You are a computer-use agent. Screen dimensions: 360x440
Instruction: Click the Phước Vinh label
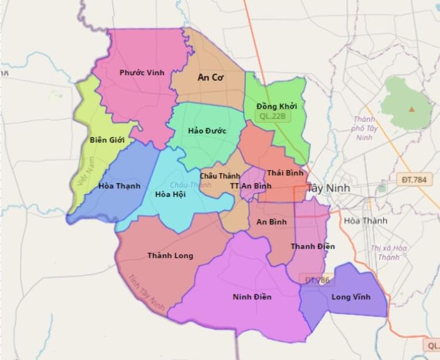(142, 73)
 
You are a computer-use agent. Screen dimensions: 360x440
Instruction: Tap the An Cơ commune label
(212, 77)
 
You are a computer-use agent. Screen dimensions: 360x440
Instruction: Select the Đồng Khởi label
(277, 106)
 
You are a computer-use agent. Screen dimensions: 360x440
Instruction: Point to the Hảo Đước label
(207, 130)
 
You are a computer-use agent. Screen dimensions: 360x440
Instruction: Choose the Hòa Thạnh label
(120, 186)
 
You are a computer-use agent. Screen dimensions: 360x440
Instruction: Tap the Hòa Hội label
(171, 194)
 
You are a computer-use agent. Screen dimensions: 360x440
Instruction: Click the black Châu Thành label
(220, 176)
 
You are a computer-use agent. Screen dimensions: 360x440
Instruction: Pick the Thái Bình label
(286, 173)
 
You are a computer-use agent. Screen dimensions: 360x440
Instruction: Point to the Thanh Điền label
(313, 246)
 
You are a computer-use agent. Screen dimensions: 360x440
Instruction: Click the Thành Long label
(170, 256)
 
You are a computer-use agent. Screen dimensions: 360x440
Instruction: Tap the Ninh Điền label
(252, 297)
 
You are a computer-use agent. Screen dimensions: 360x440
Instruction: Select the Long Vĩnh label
(351, 297)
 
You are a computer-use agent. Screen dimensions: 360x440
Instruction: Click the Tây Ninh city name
(329, 188)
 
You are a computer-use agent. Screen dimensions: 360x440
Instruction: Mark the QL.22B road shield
(272, 116)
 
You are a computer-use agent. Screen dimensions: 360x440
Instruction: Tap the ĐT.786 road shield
(317, 280)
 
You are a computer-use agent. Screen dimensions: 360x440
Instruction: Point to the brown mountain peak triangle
(412, 109)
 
